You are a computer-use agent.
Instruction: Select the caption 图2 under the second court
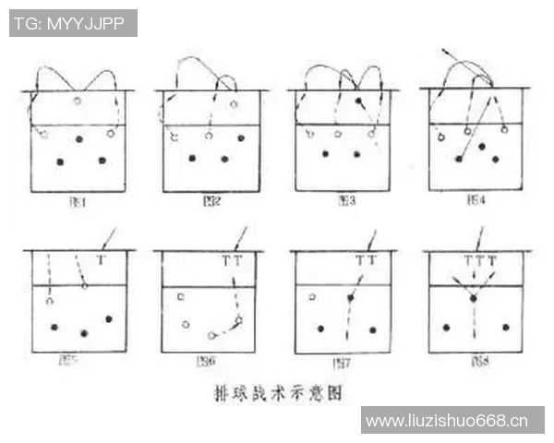tap(211, 200)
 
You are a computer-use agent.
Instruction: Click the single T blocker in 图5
tap(101, 261)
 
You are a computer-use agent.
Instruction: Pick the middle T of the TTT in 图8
tap(479, 261)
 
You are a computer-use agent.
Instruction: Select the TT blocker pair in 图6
tap(232, 261)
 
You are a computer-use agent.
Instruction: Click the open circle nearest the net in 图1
tap(78, 101)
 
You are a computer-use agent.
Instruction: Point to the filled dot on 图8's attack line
tap(473, 298)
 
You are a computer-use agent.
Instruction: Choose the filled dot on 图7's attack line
tap(350, 298)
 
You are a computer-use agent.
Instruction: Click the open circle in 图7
tap(312, 297)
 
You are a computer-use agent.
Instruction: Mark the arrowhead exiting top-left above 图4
tap(445, 49)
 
